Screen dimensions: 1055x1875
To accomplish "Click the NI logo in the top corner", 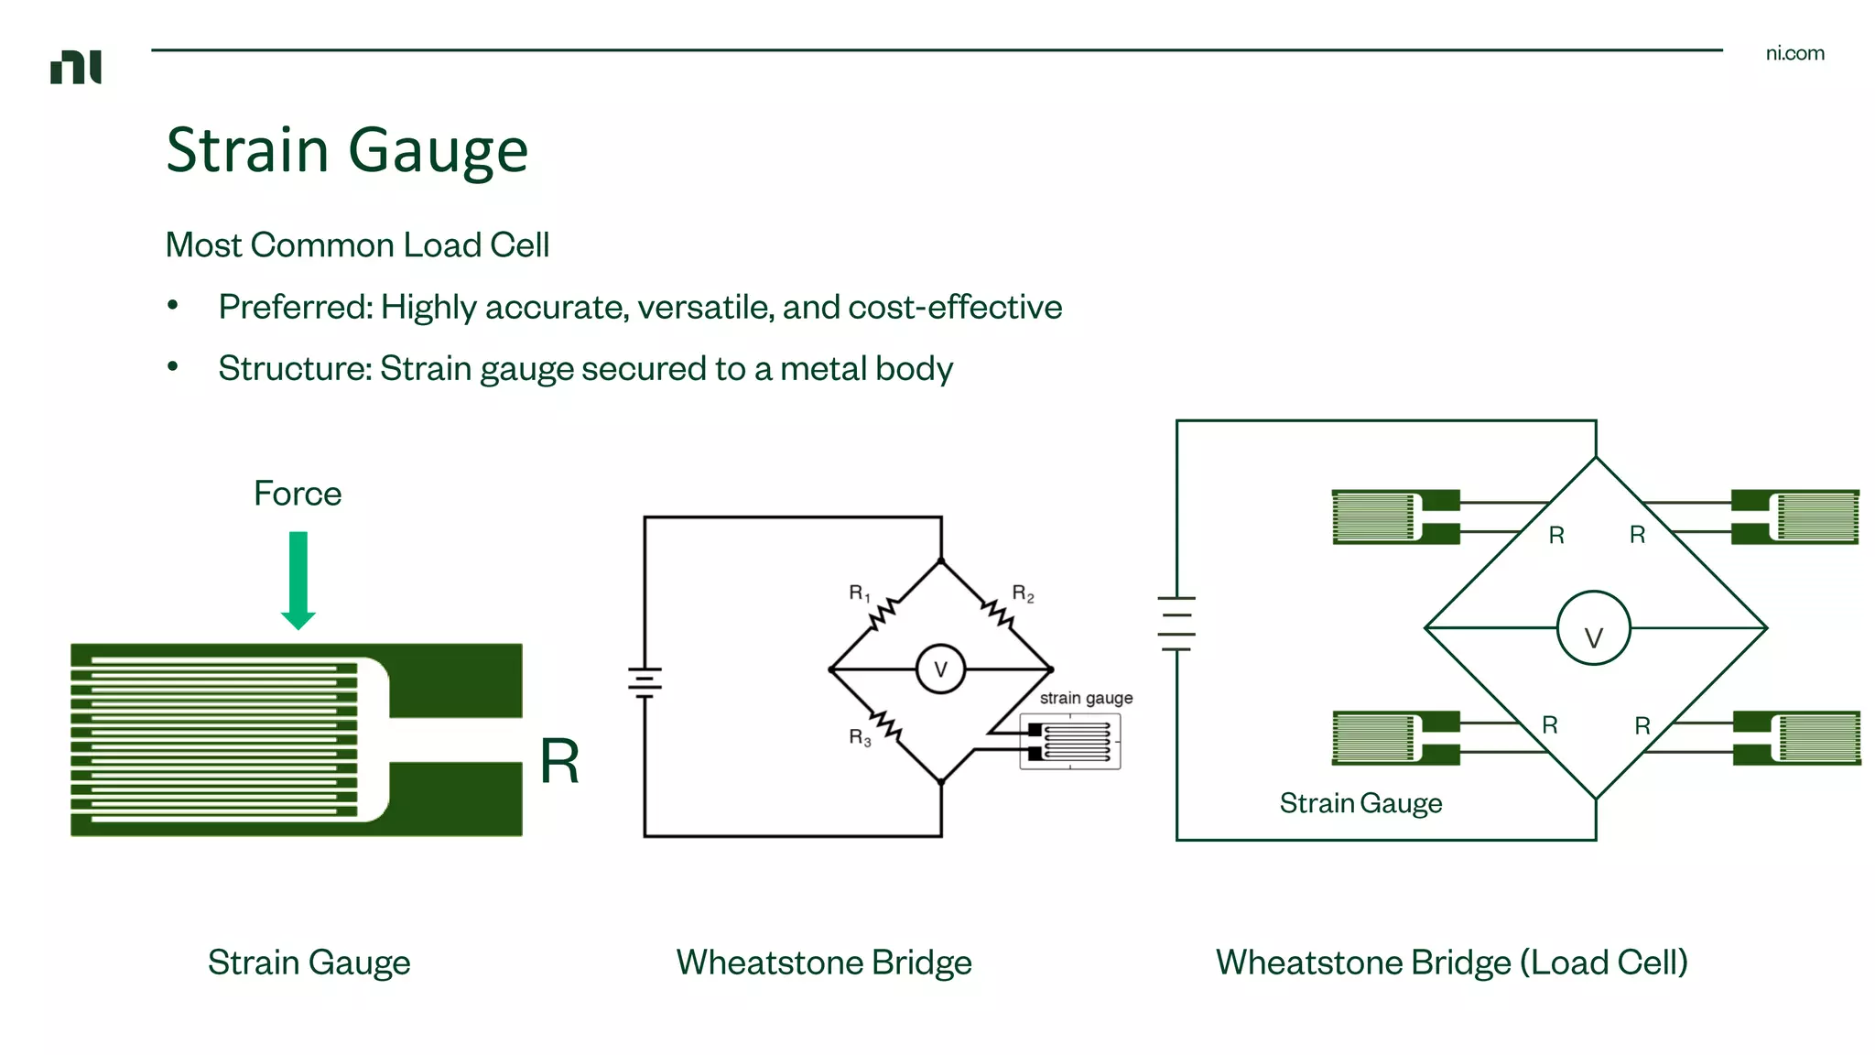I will (76, 67).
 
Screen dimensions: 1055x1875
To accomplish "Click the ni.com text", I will (1794, 53).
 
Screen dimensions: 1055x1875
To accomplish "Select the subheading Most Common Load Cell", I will (357, 245).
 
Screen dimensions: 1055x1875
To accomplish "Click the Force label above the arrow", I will (298, 494).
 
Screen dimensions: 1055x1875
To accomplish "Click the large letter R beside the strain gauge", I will (559, 761).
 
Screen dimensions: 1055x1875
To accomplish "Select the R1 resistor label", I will (859, 593).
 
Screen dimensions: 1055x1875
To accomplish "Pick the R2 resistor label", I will (1023, 593).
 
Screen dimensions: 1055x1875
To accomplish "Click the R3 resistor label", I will (859, 737).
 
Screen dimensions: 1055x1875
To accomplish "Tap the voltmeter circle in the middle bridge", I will (940, 669).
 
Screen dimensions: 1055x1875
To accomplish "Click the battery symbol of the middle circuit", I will (645, 681).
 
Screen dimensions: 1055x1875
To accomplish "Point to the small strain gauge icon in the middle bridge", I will (1070, 742).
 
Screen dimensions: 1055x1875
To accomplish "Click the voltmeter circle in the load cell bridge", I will (1593, 628).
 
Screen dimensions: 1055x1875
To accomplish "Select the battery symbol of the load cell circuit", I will (1176, 623).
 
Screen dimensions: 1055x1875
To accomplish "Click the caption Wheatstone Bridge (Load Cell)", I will (1451, 963).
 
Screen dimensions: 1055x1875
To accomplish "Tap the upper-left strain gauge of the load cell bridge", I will (1394, 517).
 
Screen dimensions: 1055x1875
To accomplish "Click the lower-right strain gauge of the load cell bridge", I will (1796, 737).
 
